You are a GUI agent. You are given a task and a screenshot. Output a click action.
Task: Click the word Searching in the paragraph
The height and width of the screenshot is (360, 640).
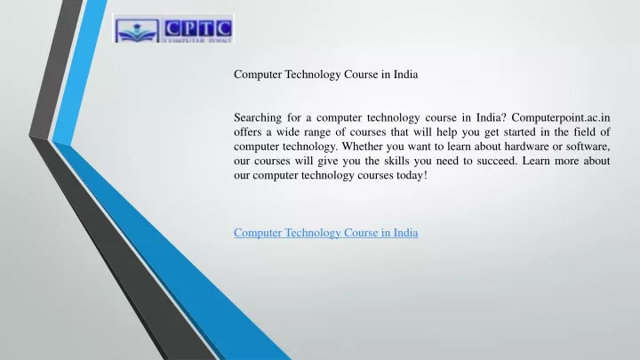(x=258, y=118)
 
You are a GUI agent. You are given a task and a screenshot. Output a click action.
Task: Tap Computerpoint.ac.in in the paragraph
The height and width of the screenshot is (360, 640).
(x=561, y=117)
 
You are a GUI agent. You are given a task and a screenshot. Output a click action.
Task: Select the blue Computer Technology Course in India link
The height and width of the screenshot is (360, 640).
(x=325, y=233)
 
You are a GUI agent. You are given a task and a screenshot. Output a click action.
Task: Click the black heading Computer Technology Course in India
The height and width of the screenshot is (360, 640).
(x=325, y=75)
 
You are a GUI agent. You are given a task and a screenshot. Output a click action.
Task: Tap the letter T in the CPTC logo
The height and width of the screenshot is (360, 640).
(x=207, y=28)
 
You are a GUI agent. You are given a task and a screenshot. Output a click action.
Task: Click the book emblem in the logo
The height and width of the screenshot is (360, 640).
(x=137, y=31)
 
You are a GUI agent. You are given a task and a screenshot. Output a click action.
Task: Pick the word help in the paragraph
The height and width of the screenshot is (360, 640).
(x=446, y=132)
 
